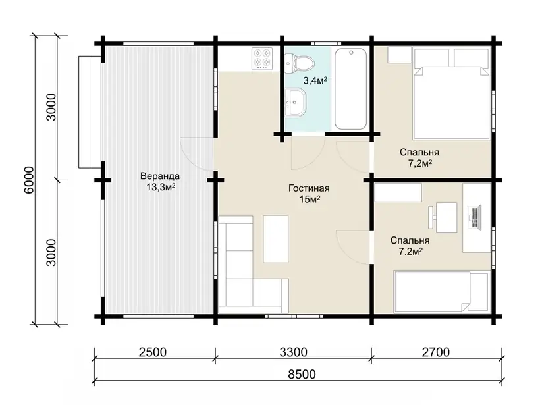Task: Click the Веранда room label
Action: [x=160, y=176]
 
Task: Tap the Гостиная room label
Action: [x=309, y=188]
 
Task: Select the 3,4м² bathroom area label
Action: [x=315, y=81]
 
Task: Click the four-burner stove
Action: [x=262, y=59]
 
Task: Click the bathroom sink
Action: [x=296, y=101]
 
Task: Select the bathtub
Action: [x=351, y=89]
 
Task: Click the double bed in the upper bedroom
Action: [x=452, y=94]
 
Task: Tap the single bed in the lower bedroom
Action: [x=442, y=292]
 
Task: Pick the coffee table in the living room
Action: [x=275, y=239]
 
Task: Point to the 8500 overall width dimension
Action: [x=302, y=374]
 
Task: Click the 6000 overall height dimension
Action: [x=30, y=180]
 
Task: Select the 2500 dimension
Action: [x=152, y=352]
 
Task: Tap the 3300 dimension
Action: [x=293, y=352]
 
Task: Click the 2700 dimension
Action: [x=436, y=352]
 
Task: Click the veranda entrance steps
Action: [x=90, y=111]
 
